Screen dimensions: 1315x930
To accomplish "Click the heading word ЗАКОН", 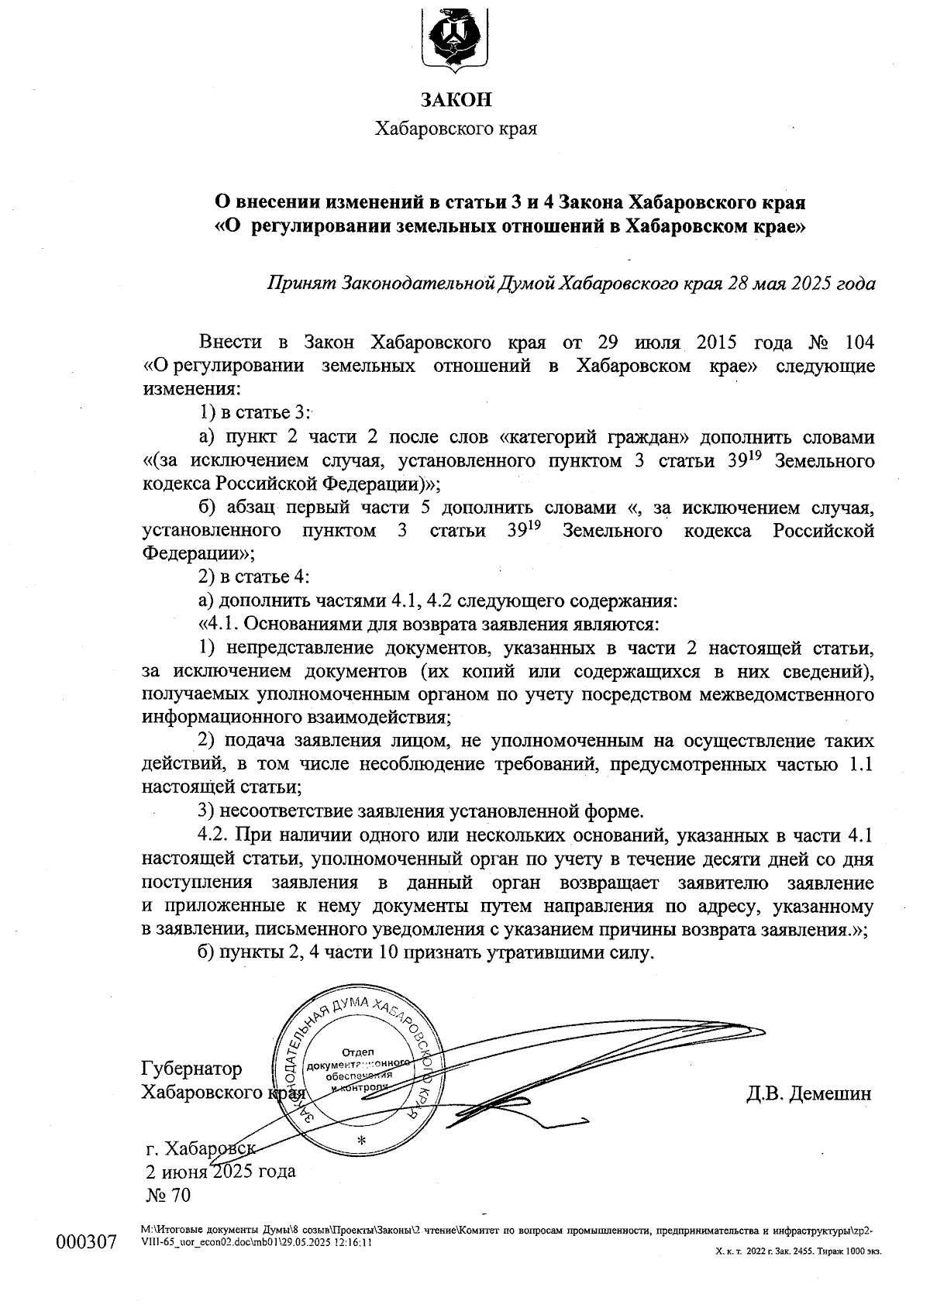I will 456,100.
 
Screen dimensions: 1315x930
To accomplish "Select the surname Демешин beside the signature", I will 830,1093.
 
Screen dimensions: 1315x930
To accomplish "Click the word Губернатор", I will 191,1069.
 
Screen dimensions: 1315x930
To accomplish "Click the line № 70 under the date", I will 168,1196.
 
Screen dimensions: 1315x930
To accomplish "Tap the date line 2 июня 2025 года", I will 220,1171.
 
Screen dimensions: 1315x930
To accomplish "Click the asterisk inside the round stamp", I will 360,1140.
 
